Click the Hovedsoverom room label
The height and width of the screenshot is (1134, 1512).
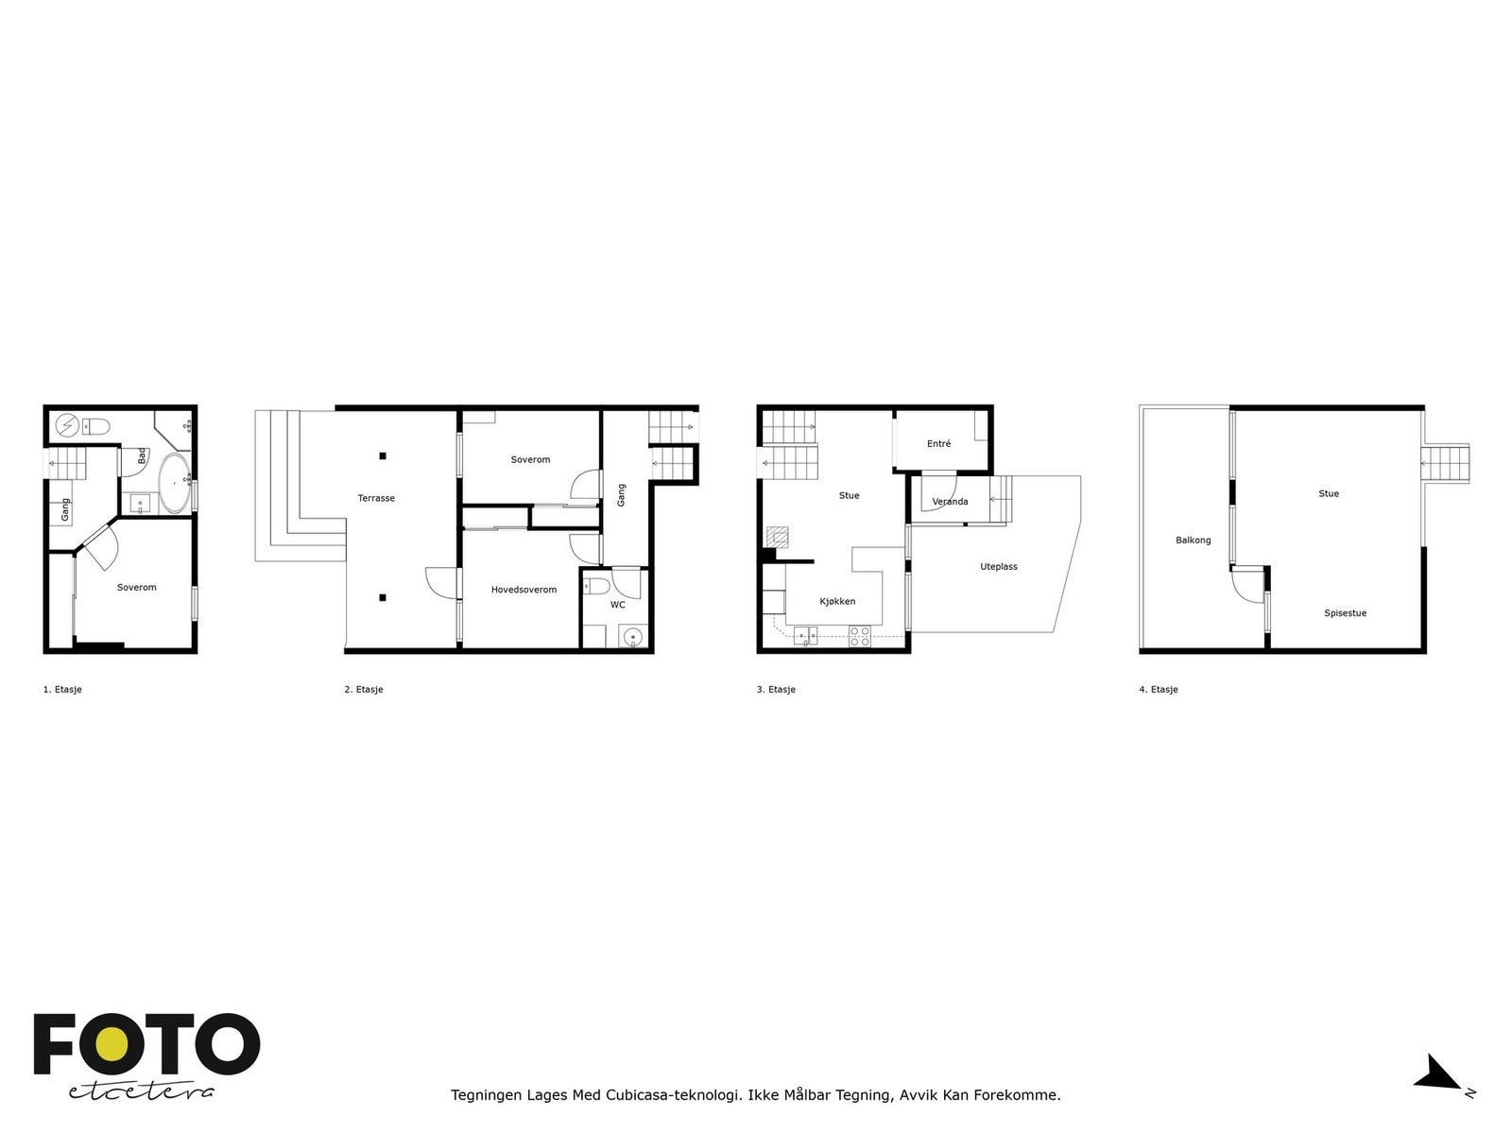point(524,590)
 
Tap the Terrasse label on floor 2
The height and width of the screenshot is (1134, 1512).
point(376,498)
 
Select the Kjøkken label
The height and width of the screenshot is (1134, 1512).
point(837,601)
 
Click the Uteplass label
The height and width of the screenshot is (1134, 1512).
point(999,567)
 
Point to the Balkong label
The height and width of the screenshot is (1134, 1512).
point(1193,541)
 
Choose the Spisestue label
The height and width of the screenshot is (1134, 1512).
point(1345,613)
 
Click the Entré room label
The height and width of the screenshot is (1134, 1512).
point(938,444)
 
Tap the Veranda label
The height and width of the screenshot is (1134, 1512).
point(950,502)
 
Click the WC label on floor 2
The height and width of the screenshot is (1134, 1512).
point(617,605)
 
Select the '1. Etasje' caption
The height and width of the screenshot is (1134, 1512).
point(62,690)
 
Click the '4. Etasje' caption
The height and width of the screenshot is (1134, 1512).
point(1159,690)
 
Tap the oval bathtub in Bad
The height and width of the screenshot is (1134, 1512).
point(173,483)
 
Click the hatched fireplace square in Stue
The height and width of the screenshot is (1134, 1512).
point(777,536)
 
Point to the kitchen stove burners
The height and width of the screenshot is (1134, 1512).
point(859,636)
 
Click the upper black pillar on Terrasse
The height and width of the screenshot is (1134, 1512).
point(383,456)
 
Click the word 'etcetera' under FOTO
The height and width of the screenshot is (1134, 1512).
point(142,1091)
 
